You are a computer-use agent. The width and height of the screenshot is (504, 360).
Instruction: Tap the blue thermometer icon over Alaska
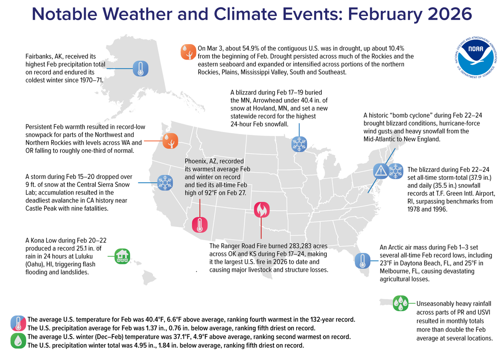click(140, 68)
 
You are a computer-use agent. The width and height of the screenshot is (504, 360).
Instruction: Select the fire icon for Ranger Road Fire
click(261, 209)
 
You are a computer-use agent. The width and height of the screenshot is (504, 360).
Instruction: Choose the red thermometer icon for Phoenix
click(199, 225)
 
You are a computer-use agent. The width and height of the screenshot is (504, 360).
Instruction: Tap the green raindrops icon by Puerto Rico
click(400, 303)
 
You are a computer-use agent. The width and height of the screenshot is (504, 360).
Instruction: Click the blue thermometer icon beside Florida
click(362, 261)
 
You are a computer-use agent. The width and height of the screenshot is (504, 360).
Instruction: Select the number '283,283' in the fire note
click(292, 246)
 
